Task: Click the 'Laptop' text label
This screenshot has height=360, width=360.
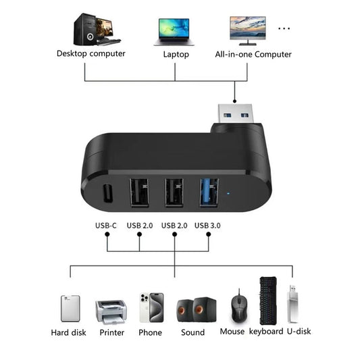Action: pos(176,54)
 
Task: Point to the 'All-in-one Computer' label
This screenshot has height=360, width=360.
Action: pos(253,54)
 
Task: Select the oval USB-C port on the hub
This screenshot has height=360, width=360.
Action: pos(106,195)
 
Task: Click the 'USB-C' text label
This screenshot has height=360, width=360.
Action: pos(106,225)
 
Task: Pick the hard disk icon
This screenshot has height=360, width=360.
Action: pos(70,308)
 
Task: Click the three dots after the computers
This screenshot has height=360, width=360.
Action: pos(284,28)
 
